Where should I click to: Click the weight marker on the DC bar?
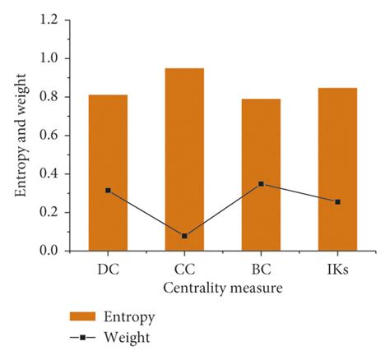click(x=108, y=191)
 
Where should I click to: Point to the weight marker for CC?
click(x=184, y=236)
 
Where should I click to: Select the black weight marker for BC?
click(x=261, y=184)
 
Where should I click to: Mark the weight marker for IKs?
click(x=337, y=201)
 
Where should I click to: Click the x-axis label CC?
click(x=184, y=269)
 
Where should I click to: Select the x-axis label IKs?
click(x=337, y=269)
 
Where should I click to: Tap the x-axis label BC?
click(x=261, y=269)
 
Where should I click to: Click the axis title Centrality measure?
click(x=223, y=288)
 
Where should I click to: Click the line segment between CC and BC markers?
click(x=222, y=210)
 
